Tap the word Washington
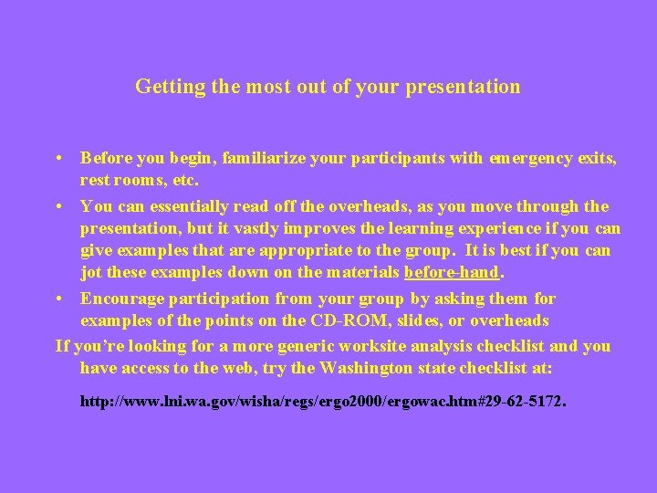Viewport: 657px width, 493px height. [x=340, y=367]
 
